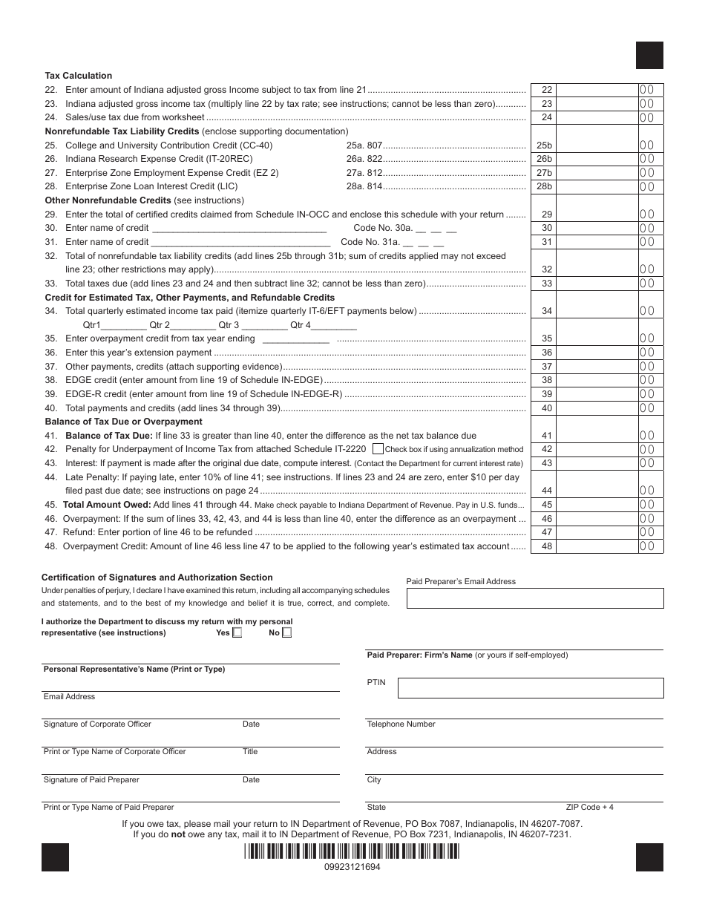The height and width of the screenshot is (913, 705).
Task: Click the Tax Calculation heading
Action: coord(79,76)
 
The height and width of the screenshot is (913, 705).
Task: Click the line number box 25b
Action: coord(546,145)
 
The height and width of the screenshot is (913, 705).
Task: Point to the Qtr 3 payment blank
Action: coord(264,325)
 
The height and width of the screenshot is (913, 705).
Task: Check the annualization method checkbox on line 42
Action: coord(378,449)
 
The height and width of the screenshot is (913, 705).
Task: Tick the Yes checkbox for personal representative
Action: coord(237,633)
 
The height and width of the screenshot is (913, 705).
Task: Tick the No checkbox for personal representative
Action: coord(287,633)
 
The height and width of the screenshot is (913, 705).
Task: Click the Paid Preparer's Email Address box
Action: coord(535,598)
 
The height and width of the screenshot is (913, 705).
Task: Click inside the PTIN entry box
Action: coord(530,688)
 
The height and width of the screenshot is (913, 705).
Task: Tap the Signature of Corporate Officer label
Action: coord(97,724)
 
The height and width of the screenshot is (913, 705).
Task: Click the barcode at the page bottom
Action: coord(352,853)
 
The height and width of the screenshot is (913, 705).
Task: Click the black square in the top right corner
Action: coord(649,56)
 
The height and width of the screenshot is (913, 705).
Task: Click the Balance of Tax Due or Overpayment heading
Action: coord(123,422)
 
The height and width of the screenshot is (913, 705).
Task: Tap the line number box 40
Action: coord(546,408)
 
